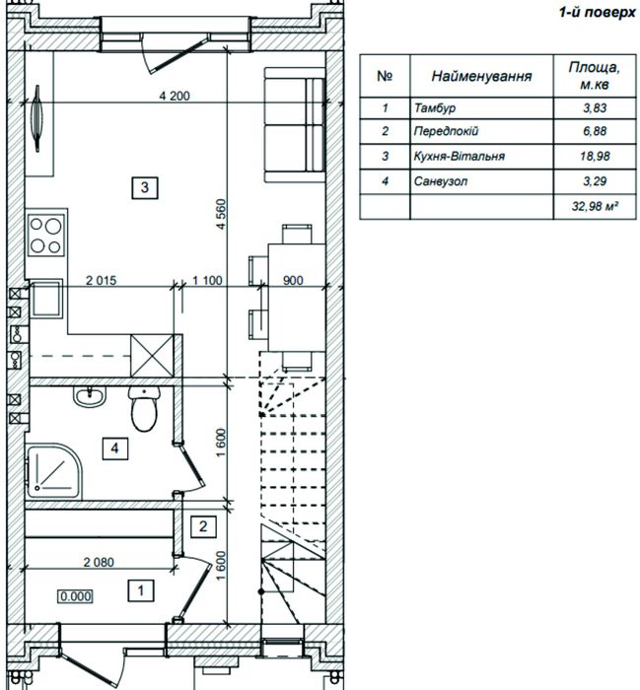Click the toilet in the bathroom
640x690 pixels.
point(144,408)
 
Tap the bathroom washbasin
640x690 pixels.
point(90,396)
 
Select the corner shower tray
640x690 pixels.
point(53,472)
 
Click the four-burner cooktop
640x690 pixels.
point(45,236)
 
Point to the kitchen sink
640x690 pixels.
point(45,299)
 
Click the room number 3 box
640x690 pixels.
point(145,187)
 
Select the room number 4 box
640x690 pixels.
point(114,448)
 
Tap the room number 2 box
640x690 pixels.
point(203,526)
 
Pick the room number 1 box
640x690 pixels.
point(141,590)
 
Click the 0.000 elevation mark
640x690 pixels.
point(76,596)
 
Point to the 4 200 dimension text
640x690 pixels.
point(175,96)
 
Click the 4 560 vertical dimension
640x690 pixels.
point(221,214)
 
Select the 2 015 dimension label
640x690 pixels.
point(101,280)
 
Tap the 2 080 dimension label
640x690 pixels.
point(99,562)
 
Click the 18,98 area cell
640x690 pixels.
point(595,156)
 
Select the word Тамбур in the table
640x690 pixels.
point(435,107)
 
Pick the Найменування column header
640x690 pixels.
point(481,76)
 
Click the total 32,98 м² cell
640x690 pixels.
point(595,205)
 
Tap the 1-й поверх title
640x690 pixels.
point(598,12)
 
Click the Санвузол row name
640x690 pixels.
point(440,180)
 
